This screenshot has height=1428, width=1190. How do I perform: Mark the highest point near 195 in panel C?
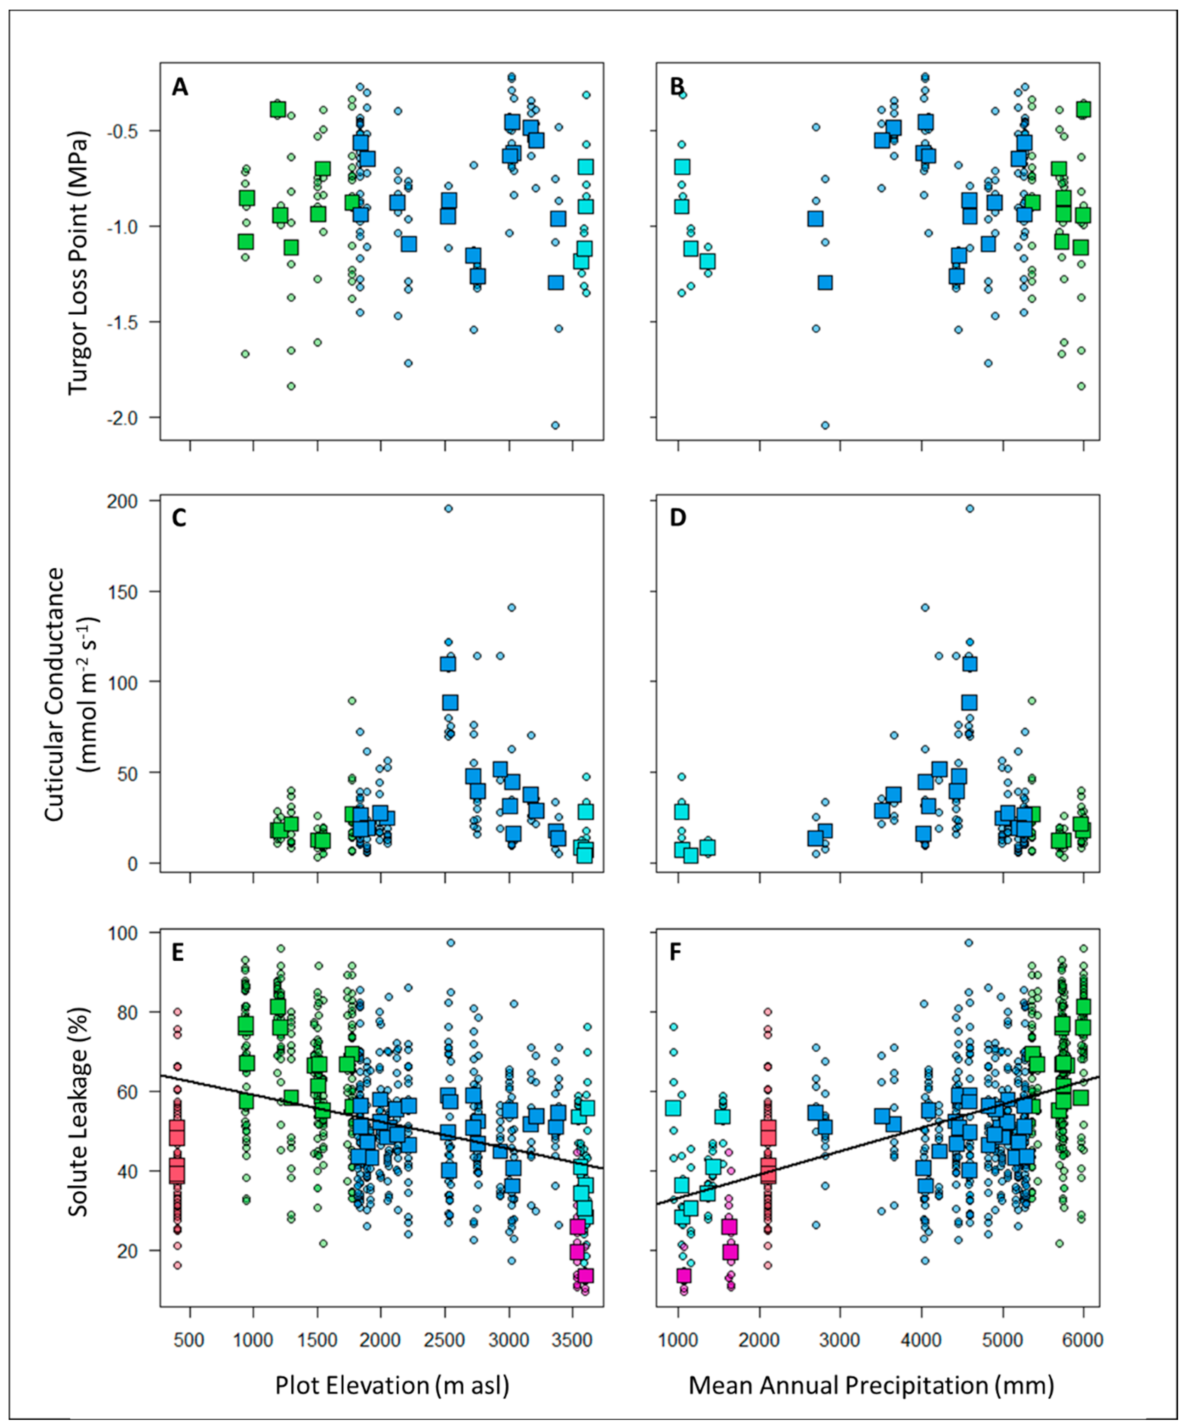[x=448, y=508]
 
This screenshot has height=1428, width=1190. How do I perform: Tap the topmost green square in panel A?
[x=277, y=109]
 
